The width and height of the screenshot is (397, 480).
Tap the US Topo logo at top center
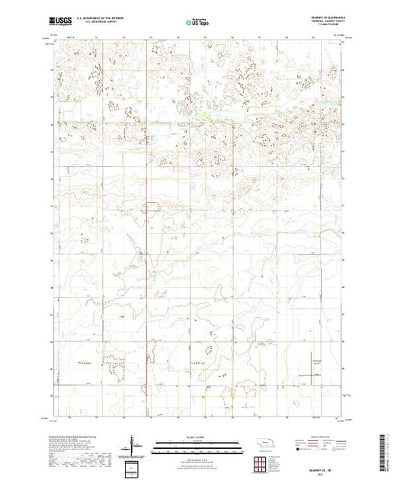coord(199,23)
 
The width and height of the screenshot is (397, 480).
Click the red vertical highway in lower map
coord(146,305)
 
